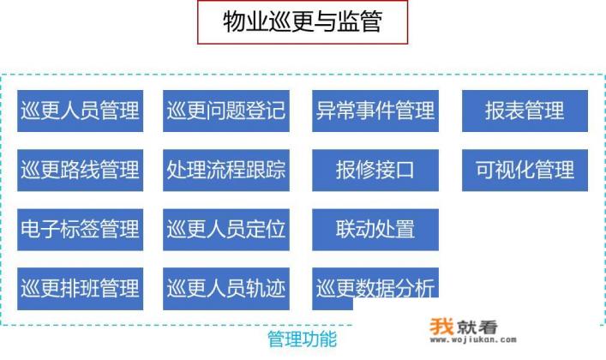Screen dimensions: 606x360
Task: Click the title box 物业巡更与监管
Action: tap(303, 22)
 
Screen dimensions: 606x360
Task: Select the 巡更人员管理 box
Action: tap(80, 111)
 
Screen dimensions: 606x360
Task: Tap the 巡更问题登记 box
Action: tap(226, 111)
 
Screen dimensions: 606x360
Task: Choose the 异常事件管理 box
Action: tap(375, 111)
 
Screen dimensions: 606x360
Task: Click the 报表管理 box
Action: tap(525, 111)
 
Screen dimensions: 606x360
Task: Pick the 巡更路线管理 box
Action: tap(80, 170)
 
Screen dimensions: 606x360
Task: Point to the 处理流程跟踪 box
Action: tap(226, 170)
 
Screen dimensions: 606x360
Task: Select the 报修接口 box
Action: tap(375, 170)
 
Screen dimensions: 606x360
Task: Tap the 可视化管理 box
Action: tap(525, 170)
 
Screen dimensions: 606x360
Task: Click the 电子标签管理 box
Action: tap(80, 229)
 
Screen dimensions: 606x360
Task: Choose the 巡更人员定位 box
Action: tap(226, 229)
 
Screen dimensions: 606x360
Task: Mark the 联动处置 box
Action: tap(375, 229)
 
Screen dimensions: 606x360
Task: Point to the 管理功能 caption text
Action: tap(303, 339)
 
